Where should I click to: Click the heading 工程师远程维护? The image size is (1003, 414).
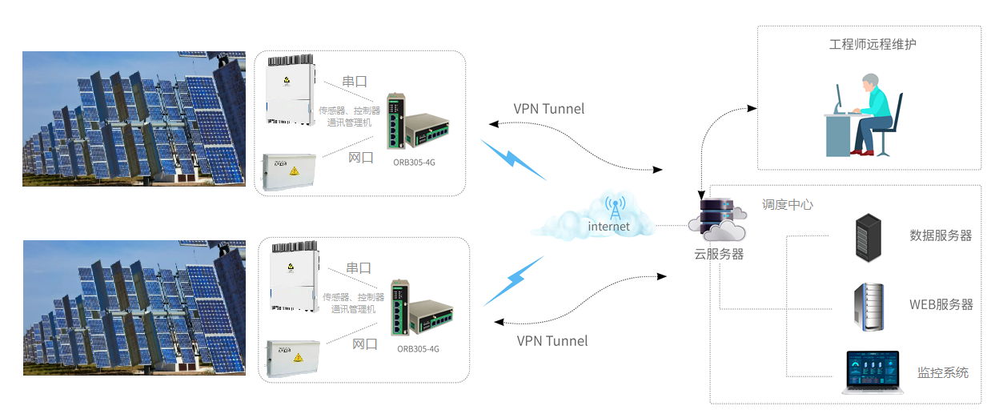[873, 44]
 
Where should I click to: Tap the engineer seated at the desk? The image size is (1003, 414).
[871, 115]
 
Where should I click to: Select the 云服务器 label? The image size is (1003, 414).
[719, 254]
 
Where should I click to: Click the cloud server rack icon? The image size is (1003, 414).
[717, 219]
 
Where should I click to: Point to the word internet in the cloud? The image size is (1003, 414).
[608, 227]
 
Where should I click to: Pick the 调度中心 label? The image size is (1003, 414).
[787, 205]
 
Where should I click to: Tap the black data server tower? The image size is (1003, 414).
[869, 238]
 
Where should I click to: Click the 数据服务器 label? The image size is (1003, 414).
[941, 235]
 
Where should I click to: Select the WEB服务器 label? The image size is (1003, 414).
[941, 304]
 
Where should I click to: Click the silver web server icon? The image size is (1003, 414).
[869, 307]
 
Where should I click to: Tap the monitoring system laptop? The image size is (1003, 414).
[873, 372]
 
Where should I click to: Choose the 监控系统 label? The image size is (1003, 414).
[942, 372]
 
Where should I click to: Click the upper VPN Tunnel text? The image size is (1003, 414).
[548, 109]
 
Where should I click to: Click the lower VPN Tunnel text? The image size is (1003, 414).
[552, 341]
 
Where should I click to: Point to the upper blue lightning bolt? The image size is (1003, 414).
[513, 159]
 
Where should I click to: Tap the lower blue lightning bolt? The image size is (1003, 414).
[514, 280]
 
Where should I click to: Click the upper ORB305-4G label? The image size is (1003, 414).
[414, 163]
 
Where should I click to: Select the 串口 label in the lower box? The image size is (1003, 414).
[359, 268]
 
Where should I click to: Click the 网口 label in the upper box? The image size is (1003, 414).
[360, 158]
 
